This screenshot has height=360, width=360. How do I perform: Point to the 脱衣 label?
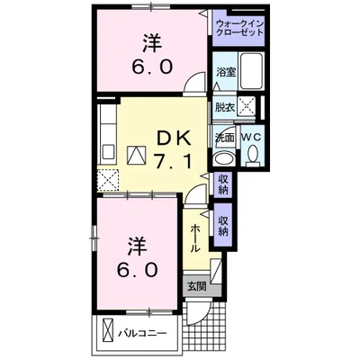pyautogui.click(x=223, y=107)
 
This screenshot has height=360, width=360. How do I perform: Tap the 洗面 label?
pyautogui.click(x=223, y=137)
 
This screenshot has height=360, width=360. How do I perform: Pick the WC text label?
pyautogui.click(x=251, y=137)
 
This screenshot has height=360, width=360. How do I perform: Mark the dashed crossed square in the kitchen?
pyautogui.click(x=108, y=180)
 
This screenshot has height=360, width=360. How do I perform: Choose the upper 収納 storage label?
pyautogui.click(x=223, y=184)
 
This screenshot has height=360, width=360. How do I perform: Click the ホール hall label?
pyautogui.click(x=195, y=237)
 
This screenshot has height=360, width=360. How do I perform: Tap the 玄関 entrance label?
pyautogui.click(x=196, y=287)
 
